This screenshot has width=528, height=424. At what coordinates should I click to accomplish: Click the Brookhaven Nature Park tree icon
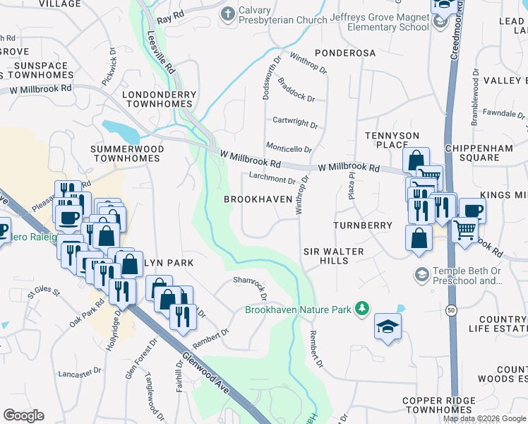[x=362, y=309]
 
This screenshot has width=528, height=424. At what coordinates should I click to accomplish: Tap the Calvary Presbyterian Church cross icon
[x=227, y=13]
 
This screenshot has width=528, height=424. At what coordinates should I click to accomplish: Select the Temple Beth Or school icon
[x=422, y=274]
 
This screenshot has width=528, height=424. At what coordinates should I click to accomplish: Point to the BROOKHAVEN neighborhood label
[x=258, y=200]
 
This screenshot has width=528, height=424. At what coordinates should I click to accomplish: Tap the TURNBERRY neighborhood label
[x=363, y=225]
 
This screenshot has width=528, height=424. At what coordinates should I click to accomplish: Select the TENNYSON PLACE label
[x=392, y=140]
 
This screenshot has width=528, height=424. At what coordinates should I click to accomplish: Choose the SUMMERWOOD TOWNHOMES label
[x=128, y=154]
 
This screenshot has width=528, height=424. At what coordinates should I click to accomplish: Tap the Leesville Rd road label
[x=161, y=50]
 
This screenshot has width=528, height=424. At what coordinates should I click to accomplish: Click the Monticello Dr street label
[x=289, y=148]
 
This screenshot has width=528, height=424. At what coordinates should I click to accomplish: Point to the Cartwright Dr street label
[x=296, y=122]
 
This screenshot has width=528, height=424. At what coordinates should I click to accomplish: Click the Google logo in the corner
[x=23, y=416]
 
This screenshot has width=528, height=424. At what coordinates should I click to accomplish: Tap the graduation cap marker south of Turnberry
[x=388, y=326]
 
